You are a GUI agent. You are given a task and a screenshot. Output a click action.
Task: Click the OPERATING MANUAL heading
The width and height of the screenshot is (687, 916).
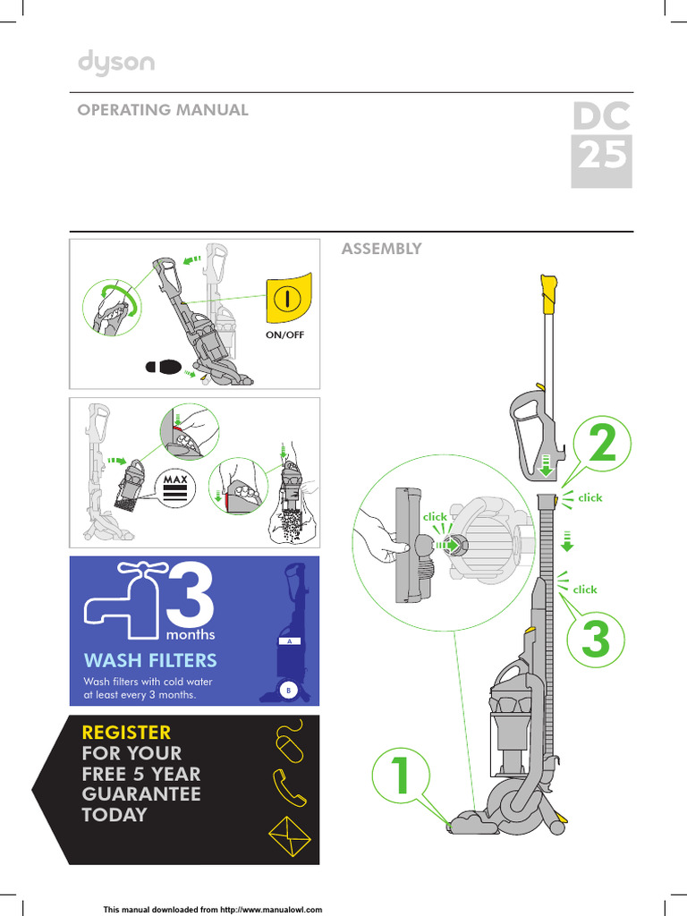pyautogui.click(x=162, y=110)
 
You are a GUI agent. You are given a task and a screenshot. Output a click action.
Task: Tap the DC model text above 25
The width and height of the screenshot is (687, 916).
pyautogui.click(x=602, y=116)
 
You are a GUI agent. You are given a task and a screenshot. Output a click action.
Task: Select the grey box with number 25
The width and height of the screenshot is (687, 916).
pyautogui.click(x=602, y=161)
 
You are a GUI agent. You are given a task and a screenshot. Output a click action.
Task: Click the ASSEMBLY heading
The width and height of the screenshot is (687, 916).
pyautogui.click(x=381, y=249)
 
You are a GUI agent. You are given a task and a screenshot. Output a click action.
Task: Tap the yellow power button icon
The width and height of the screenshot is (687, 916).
pyautogui.click(x=287, y=300)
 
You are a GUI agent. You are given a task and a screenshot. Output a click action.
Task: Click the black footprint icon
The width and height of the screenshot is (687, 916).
pyautogui.click(x=165, y=366)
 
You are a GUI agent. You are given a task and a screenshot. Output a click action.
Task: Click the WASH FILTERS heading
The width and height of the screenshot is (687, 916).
pyautogui.click(x=150, y=660)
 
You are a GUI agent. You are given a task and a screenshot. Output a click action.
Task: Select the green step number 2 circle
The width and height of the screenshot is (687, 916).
pyautogui.click(x=602, y=445)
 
